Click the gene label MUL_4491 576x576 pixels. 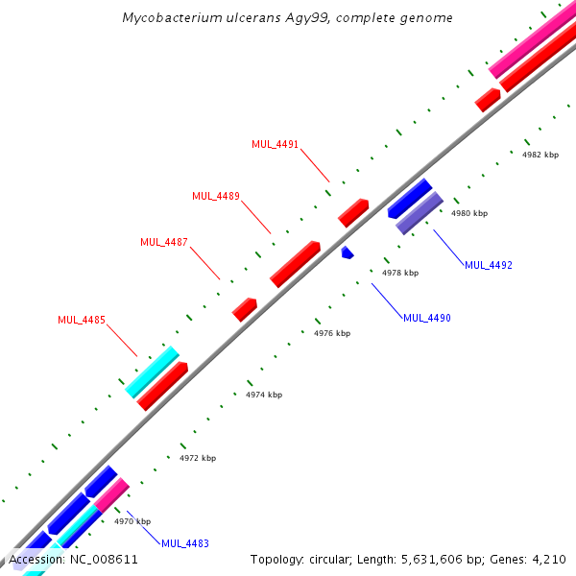(276, 145)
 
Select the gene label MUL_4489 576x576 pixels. (216, 197)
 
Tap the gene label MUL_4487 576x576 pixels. (164, 243)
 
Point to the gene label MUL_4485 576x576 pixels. (82, 321)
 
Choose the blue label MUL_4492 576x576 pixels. (489, 265)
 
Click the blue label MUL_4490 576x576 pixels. (427, 318)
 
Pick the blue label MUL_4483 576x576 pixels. (185, 544)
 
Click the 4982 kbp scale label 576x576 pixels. (540, 155)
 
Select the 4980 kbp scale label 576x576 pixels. (469, 213)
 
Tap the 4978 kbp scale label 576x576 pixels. (400, 273)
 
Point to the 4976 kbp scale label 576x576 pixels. (332, 333)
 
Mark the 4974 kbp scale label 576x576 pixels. (264, 395)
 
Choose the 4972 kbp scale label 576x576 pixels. (198, 458)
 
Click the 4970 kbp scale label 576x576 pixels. (132, 521)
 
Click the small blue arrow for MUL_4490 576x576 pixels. (348, 252)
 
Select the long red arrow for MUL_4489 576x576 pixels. (295, 264)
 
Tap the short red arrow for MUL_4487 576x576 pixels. (245, 309)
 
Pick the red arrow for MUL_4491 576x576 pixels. (353, 212)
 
